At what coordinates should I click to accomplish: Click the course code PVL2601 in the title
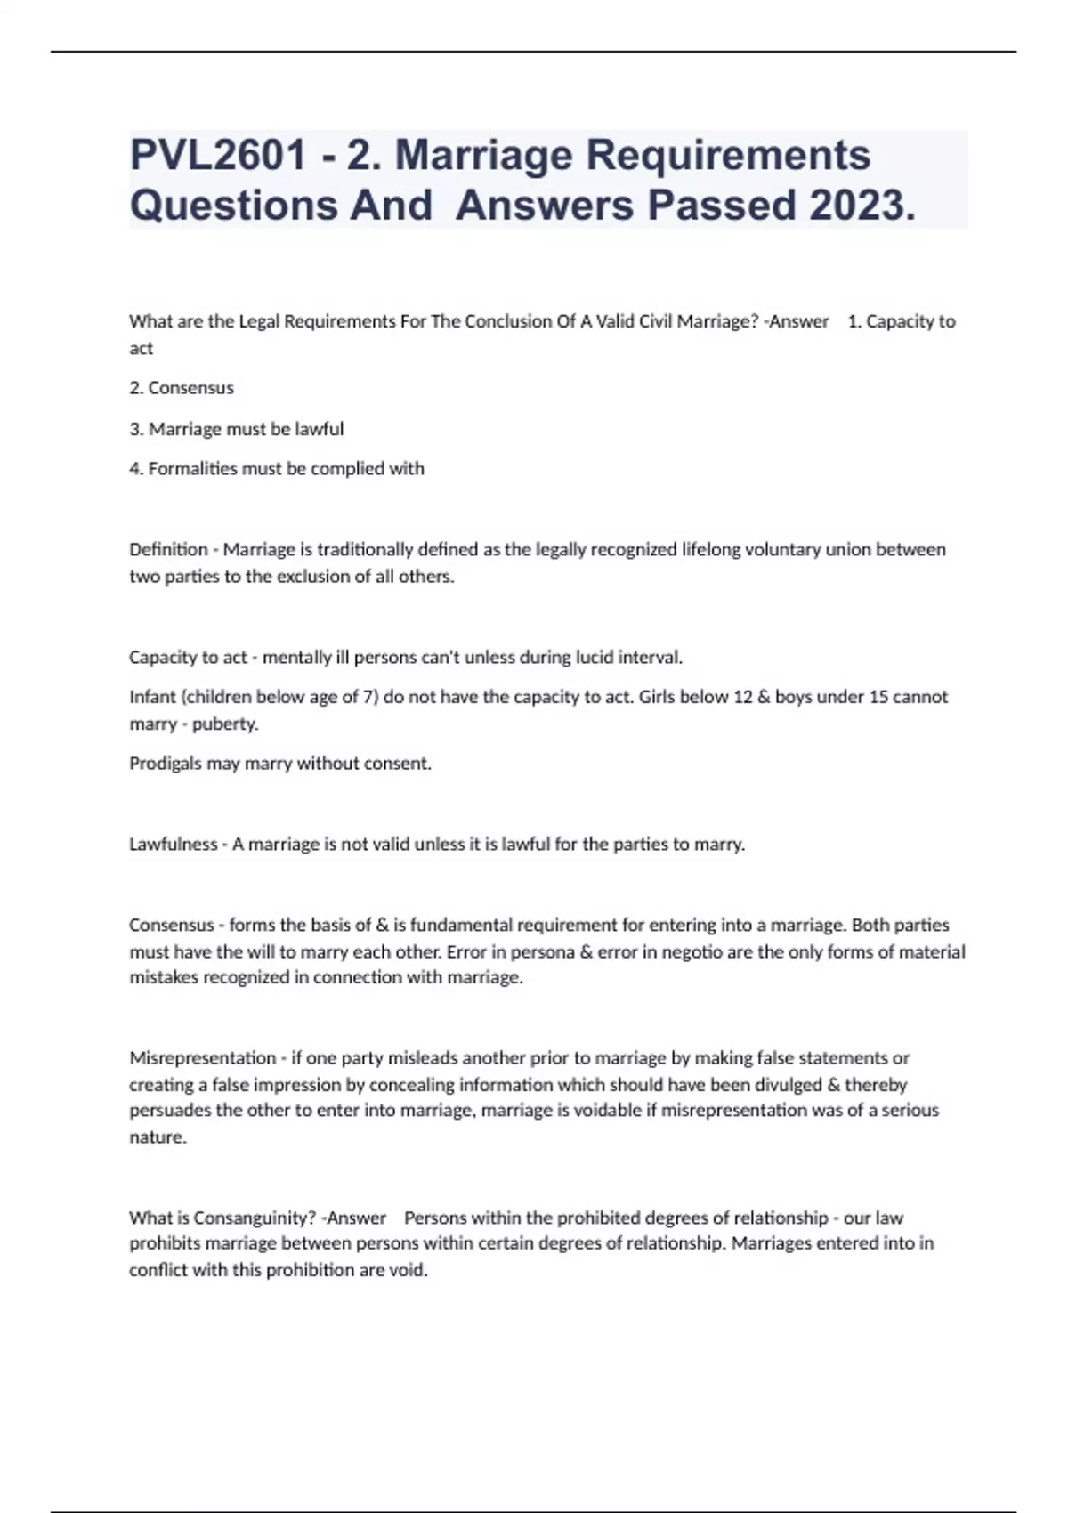coord(218,155)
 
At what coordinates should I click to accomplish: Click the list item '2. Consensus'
coord(182,388)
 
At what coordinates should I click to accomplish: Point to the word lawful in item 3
coord(319,429)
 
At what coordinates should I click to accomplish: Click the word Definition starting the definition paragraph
coord(168,550)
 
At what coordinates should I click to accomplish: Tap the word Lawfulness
coord(173,845)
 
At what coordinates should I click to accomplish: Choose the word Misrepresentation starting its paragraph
coord(203,1058)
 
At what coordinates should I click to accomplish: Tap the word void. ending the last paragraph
coord(409,1270)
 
